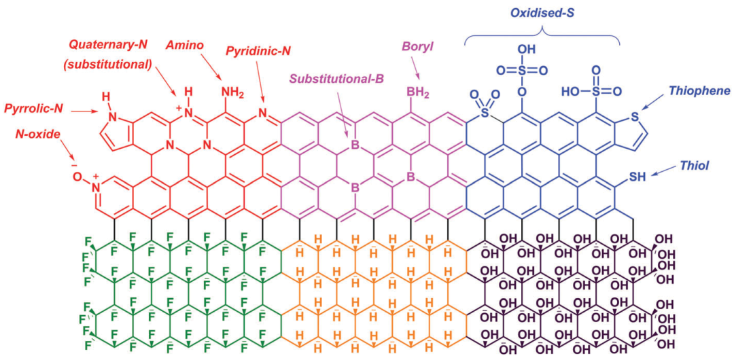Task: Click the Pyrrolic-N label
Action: pos(35,109)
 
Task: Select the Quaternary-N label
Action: pos(109,45)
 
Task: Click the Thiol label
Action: pos(695,165)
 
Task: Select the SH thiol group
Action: pos(635,175)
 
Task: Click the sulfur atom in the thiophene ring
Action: pos(634,116)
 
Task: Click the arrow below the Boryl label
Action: pos(415,69)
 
